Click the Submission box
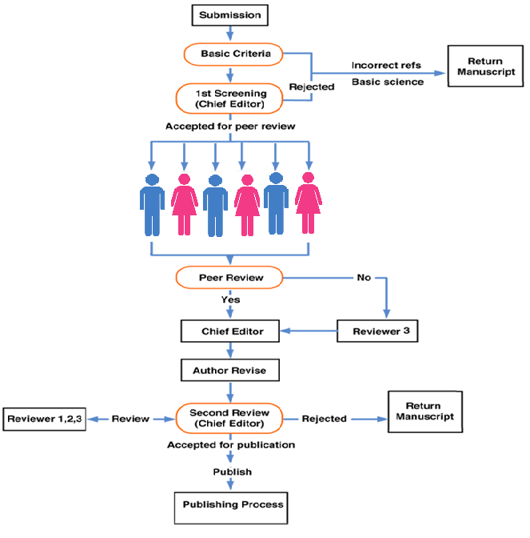click(x=230, y=15)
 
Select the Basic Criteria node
click(x=233, y=54)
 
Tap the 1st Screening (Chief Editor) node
click(x=229, y=98)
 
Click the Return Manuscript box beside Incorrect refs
click(x=485, y=66)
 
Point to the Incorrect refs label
click(x=386, y=65)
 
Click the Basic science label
click(x=388, y=82)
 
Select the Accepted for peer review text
click(x=230, y=126)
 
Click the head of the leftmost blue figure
click(x=152, y=180)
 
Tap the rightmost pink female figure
click(x=309, y=203)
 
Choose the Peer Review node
click(x=229, y=277)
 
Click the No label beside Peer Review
click(x=364, y=277)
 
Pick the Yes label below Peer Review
click(x=230, y=299)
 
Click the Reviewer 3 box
click(x=377, y=331)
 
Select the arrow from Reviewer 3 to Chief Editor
click(x=309, y=331)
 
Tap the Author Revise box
click(x=230, y=370)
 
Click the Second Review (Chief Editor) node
click(x=229, y=418)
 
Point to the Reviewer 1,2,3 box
click(x=45, y=419)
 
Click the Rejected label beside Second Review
click(x=324, y=419)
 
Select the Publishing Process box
click(x=231, y=508)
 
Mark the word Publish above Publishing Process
click(x=233, y=472)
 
